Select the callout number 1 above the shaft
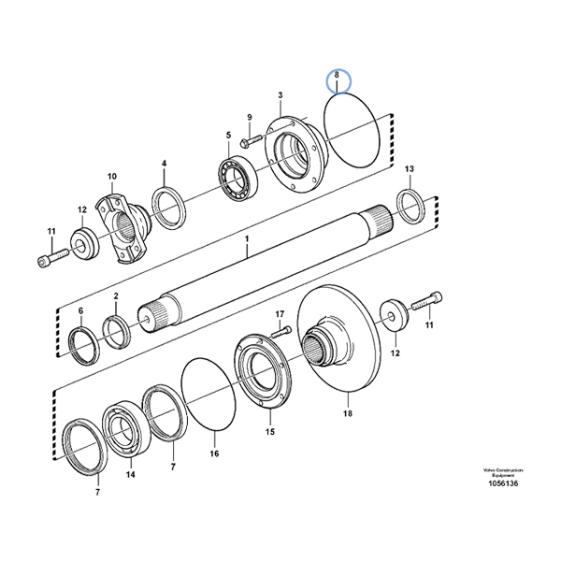(x=247, y=239)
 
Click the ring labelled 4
(x=168, y=206)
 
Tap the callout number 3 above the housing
(x=280, y=95)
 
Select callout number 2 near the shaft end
(x=116, y=296)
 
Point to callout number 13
(x=409, y=168)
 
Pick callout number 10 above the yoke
(x=111, y=176)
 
